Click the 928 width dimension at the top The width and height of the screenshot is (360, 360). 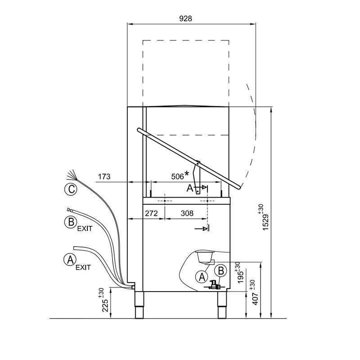[x=186, y=18]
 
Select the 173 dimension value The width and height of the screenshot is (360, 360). [x=104, y=177]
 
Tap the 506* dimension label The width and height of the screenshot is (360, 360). [x=179, y=177]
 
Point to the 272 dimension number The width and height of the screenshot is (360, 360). [x=151, y=213]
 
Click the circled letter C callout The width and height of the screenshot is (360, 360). [x=70, y=190]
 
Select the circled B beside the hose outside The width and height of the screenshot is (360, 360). [x=69, y=222]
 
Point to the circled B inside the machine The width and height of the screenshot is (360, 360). [x=220, y=270]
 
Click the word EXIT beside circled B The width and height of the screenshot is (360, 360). [x=85, y=229]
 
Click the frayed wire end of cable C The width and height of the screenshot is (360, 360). [x=72, y=174]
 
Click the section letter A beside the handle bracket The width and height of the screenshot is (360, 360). [x=190, y=189]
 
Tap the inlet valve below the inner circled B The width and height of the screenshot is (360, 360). [x=213, y=284]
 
